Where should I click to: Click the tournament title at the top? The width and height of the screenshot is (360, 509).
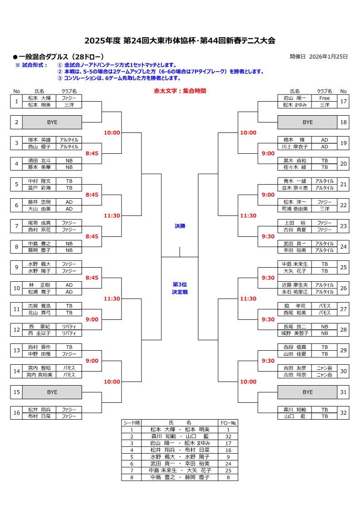pos(180,40)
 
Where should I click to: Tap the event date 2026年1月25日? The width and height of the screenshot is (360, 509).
pos(328,57)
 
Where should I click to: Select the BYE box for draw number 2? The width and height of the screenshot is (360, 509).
pos(52,122)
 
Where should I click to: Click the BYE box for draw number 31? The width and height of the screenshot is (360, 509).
pos(307,392)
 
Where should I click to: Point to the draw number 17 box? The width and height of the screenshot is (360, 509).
pos(343,101)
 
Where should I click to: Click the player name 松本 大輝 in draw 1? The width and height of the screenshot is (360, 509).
pos(39,98)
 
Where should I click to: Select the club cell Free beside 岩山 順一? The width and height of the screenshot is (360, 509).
pos(324,98)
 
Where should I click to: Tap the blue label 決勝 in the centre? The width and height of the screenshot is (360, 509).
pos(180,225)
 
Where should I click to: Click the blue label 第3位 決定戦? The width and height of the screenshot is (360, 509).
pos(180,288)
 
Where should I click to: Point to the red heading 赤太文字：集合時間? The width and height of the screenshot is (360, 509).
pos(180,91)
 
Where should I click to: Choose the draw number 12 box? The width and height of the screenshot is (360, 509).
pos(16,330)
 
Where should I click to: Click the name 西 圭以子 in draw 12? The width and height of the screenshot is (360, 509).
pos(39,333)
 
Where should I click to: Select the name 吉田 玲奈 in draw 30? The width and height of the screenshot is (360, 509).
pos(295,375)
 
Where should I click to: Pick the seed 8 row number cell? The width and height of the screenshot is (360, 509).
pos(131,477)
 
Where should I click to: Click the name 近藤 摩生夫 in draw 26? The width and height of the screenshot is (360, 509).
pos(295,285)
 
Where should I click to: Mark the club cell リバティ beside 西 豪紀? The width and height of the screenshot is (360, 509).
pos(69,326)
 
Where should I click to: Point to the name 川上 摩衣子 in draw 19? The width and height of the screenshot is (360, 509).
pos(295,147)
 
